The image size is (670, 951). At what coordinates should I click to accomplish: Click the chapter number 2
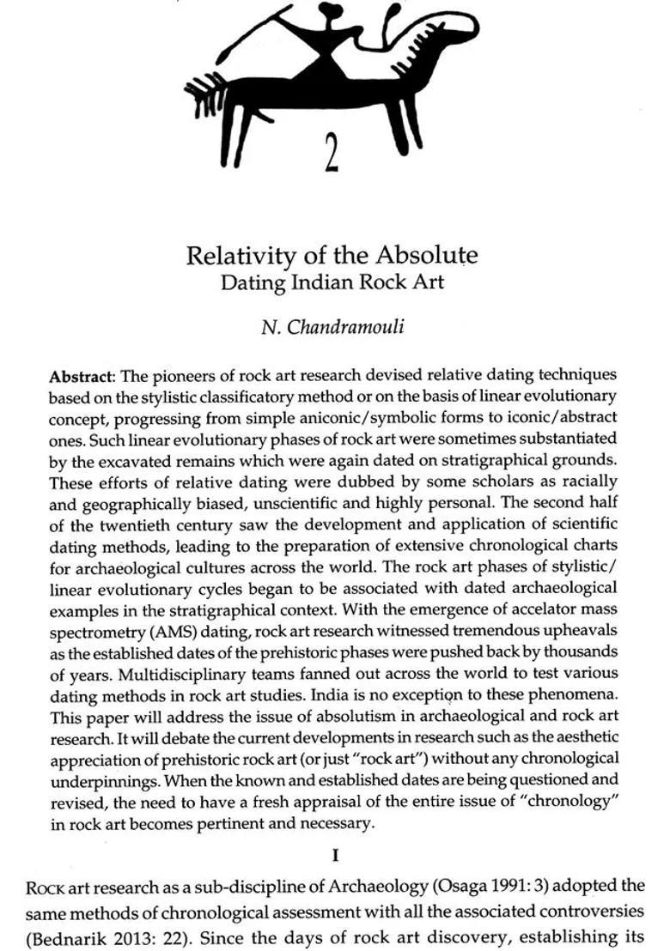(332, 152)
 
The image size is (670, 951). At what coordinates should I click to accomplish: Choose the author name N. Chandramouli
(332, 327)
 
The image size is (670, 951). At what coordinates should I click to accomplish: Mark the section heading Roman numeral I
(334, 855)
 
